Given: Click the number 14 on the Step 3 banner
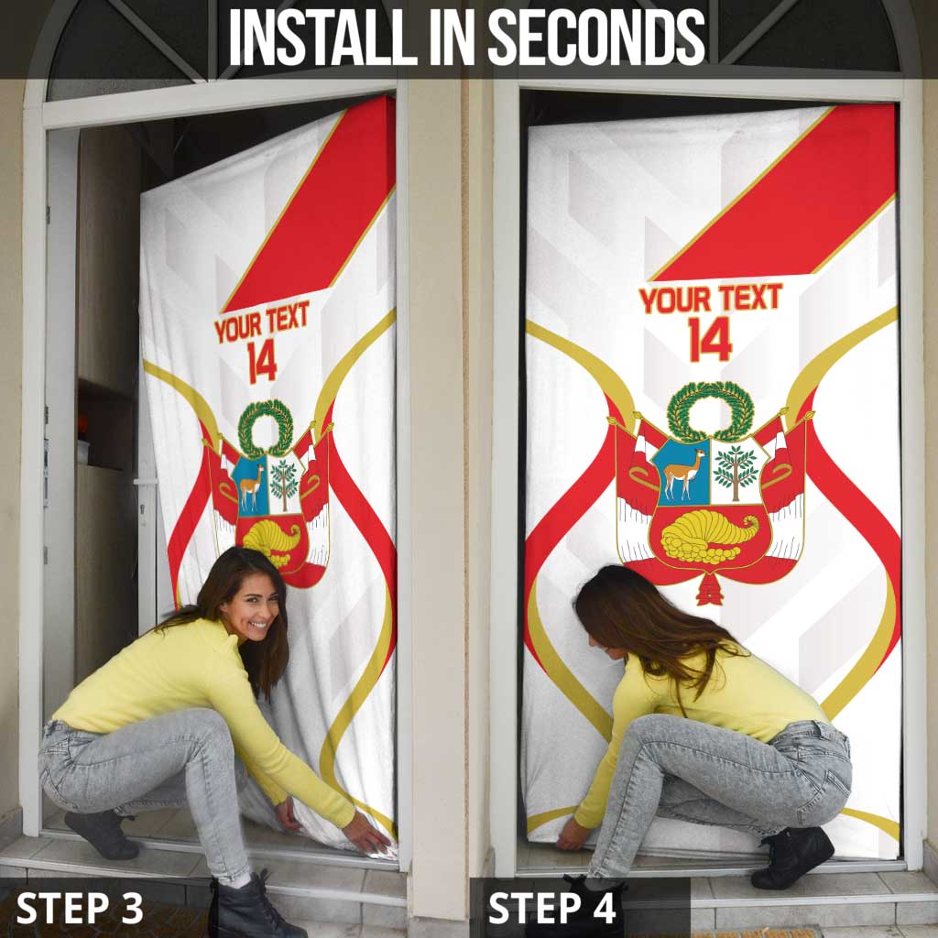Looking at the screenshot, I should pyautogui.click(x=262, y=361).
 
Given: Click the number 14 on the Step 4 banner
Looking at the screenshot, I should pyautogui.click(x=710, y=339).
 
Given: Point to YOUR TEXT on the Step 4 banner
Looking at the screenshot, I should pyautogui.click(x=710, y=299).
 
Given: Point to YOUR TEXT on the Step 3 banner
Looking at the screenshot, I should pyautogui.click(x=262, y=322).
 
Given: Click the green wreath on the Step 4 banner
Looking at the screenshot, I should pyautogui.click(x=710, y=411).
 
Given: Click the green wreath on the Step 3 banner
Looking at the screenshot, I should pyautogui.click(x=266, y=427).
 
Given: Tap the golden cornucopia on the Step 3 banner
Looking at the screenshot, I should pyautogui.click(x=272, y=540).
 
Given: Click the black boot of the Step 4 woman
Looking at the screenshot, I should pyautogui.click(x=791, y=856).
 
